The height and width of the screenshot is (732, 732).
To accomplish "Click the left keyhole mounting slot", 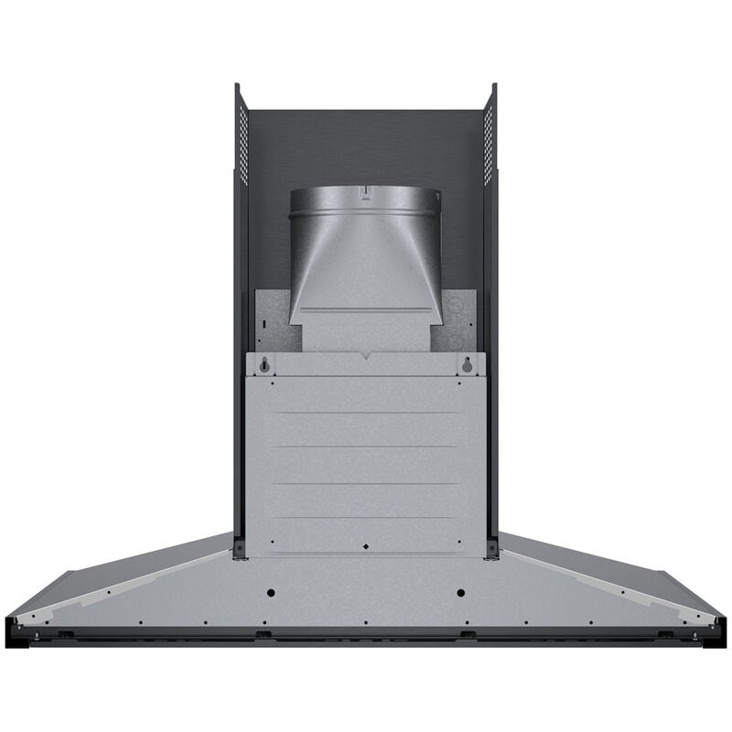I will point(264,364).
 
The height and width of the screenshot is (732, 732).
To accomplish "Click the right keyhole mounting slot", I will point(468,364).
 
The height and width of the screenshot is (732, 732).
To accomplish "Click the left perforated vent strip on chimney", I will point(243,142).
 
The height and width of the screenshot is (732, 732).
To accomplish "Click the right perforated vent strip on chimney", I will point(489,142).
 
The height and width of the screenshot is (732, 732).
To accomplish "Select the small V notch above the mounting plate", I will point(366,355).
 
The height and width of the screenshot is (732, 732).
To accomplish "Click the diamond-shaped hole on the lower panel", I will point(366,546).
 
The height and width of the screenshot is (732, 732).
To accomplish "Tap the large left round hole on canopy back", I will point(272,593).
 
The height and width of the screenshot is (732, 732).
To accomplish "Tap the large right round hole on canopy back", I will point(460,593).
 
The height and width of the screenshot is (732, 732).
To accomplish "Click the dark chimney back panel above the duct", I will point(366,146).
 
